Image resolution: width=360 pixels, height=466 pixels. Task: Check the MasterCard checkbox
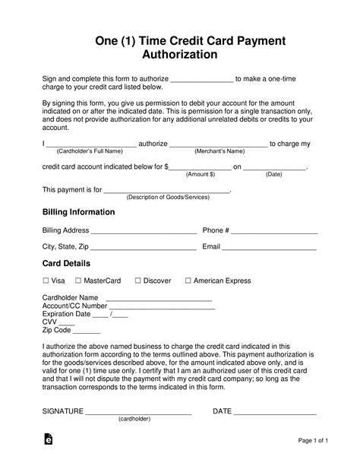(x=78, y=281)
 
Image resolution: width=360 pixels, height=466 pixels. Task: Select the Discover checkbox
(x=137, y=281)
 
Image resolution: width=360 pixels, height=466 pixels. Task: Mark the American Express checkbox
(x=188, y=281)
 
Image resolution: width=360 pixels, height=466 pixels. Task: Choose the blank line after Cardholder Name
(x=158, y=300)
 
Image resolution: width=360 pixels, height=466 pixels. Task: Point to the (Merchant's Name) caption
(x=219, y=151)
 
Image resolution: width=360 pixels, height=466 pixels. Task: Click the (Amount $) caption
(x=201, y=174)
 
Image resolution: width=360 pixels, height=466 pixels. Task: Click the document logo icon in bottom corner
(x=49, y=439)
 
